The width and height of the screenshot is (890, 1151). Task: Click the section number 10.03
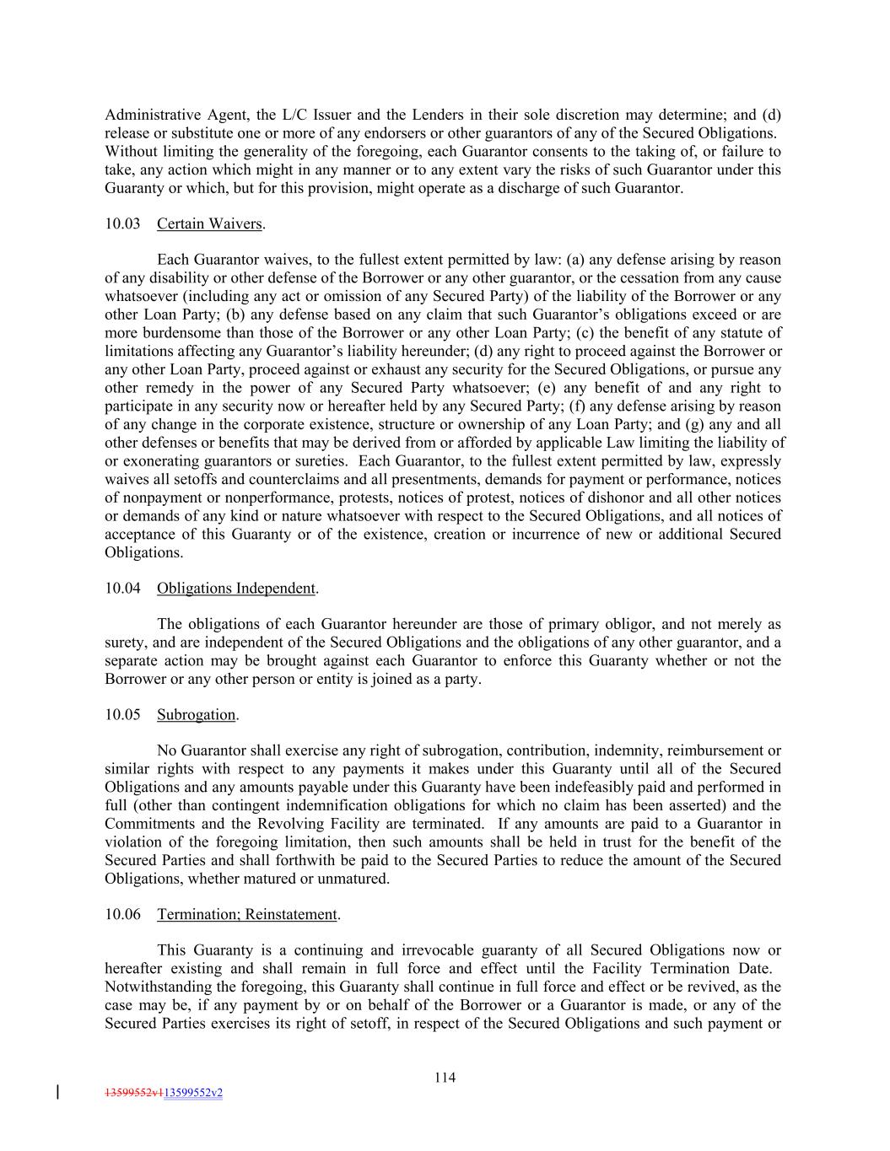(x=122, y=223)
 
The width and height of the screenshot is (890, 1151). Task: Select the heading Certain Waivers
(x=209, y=223)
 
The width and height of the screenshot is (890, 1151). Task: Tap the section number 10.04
(x=122, y=588)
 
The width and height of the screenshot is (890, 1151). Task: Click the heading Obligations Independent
(x=236, y=588)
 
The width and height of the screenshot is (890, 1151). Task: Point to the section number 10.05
(x=122, y=715)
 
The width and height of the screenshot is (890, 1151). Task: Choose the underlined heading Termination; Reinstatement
(x=247, y=914)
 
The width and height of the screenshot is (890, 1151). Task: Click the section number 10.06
(x=122, y=914)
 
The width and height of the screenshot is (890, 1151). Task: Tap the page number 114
(x=445, y=1077)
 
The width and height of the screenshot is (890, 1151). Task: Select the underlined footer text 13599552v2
(x=194, y=1093)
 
